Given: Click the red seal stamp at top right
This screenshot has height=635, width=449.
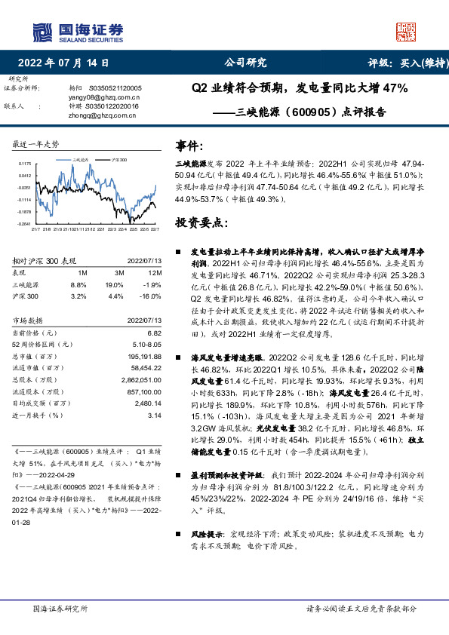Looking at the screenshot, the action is click(405, 31).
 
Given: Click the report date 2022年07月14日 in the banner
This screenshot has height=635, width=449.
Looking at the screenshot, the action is click(69, 64).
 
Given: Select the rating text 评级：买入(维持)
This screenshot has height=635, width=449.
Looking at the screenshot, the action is click(403, 64).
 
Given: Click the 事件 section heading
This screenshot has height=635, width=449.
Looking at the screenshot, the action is click(189, 146).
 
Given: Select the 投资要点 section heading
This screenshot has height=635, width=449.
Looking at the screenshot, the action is click(200, 223).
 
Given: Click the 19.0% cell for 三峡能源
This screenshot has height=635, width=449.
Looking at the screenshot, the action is click(114, 285).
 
